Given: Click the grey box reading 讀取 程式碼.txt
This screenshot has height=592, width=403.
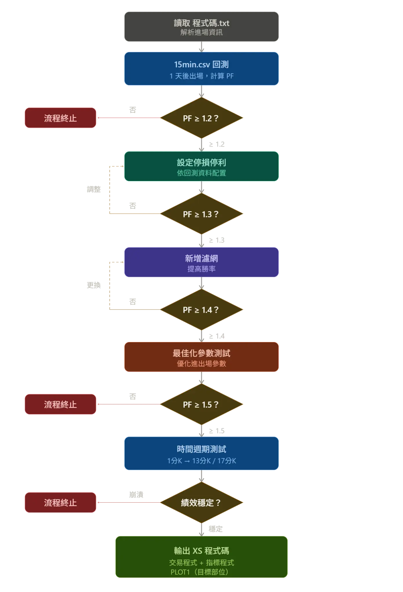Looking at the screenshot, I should point(201,27).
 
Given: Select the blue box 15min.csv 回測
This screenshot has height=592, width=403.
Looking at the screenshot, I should point(201,69).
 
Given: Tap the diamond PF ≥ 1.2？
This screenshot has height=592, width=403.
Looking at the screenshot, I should point(201,118).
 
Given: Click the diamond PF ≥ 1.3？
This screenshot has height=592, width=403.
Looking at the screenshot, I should point(201,214).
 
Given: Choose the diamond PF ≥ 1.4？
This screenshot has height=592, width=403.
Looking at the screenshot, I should point(201,310).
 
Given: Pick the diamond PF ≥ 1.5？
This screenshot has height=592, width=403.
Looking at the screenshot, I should point(201,404).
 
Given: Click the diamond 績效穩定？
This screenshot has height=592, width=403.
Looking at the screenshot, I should point(201,503).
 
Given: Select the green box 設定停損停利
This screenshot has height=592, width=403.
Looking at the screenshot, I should point(201,166).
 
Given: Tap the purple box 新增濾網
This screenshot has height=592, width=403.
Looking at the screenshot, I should point(201,262).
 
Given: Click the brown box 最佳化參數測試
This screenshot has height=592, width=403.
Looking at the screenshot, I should point(201,357).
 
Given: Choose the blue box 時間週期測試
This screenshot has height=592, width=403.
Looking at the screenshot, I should point(201,453).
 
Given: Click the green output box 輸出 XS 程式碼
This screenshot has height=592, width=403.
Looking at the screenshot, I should point(201,557).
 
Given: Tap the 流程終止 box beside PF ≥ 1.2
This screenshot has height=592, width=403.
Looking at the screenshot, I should point(60,118).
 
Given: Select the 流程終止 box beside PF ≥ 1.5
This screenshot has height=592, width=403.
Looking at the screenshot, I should point(60,404).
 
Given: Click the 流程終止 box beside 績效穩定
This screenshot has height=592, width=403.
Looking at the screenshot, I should point(60,503).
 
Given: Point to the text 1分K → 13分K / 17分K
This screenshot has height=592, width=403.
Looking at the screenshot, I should point(201,461).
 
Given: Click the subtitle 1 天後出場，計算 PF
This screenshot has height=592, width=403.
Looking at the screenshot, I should point(201,76).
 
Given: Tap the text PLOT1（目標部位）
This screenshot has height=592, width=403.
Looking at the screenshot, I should point(201,572).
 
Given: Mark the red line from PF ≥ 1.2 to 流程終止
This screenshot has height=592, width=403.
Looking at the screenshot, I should point(129,118).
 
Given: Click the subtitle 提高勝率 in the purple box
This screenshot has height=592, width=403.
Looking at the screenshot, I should point(201,269).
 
